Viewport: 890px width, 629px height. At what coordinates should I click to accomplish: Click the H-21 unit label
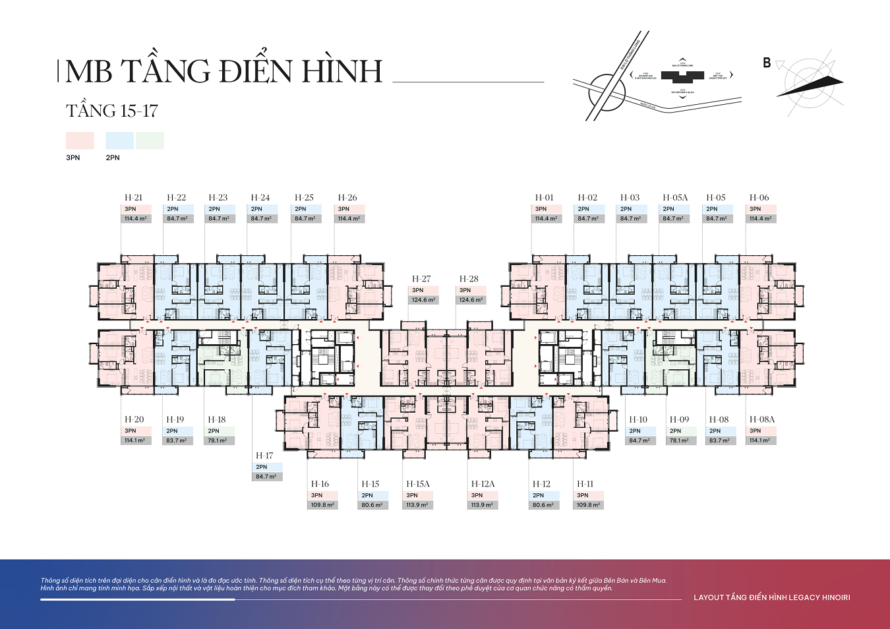133,197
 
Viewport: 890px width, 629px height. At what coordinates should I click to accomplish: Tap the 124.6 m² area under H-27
424,300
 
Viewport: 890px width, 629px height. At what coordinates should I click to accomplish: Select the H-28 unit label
469,279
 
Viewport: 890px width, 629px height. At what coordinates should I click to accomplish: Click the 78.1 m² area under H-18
218,440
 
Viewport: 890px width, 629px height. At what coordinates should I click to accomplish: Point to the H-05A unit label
675,197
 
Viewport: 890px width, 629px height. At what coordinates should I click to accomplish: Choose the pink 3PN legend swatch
80,140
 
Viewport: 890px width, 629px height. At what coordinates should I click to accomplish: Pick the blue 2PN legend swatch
119,140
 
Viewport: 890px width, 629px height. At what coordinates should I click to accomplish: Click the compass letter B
767,63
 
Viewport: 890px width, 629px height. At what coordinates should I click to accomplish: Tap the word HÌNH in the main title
343,71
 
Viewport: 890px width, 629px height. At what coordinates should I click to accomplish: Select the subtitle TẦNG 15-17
112,111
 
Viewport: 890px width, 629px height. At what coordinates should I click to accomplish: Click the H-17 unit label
264,456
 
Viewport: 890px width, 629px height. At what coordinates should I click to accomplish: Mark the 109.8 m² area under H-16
323,505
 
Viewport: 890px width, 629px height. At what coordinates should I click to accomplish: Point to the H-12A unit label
483,484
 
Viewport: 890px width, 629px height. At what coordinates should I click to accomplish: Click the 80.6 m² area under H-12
545,505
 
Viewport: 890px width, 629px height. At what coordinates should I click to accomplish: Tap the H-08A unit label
762,419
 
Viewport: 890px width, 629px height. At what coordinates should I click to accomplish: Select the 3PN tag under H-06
756,209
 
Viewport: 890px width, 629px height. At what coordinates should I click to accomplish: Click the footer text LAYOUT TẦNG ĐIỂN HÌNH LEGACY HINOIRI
771,597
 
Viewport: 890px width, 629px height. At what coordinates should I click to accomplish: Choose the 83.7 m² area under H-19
177,440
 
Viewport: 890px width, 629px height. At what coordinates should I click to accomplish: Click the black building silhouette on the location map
682,76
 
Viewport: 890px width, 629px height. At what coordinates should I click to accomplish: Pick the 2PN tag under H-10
635,431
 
